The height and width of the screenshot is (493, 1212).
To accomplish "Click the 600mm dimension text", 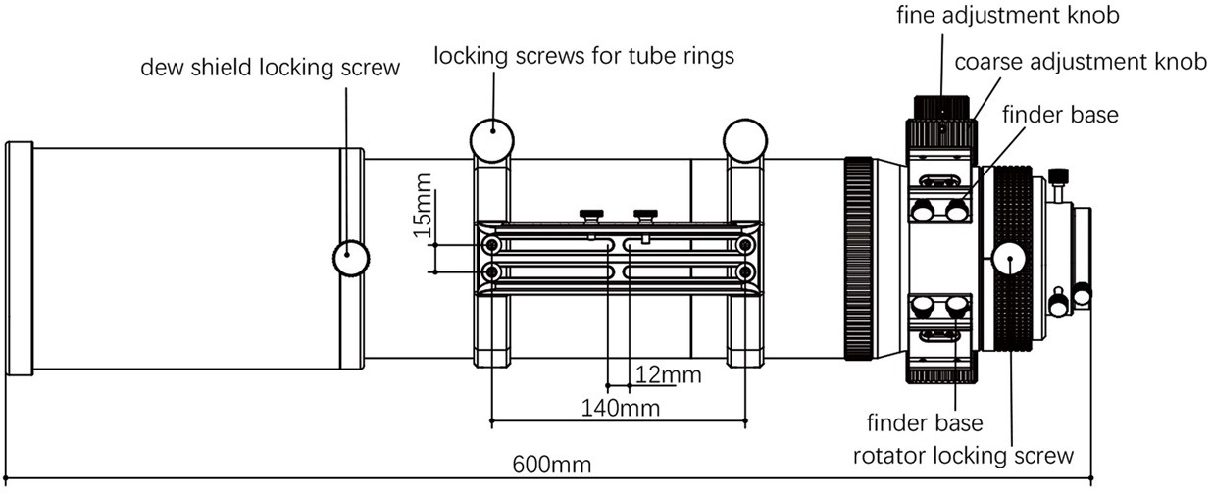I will click(x=551, y=466).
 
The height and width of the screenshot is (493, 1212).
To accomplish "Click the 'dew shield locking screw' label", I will click(x=271, y=68).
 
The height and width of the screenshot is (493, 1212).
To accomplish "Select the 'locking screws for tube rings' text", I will click(x=584, y=57).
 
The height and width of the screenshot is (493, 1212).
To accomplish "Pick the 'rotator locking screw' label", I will click(x=964, y=456).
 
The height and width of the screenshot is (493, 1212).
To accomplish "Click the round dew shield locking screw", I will click(x=350, y=259).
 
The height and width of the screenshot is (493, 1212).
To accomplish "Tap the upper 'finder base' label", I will click(x=1059, y=115).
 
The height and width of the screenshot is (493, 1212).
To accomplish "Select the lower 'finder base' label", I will click(x=926, y=424).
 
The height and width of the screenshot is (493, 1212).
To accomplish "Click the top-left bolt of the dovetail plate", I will click(x=492, y=242).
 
